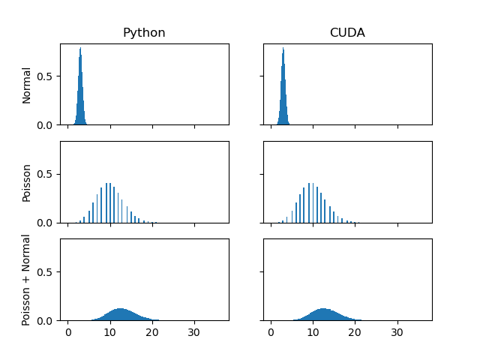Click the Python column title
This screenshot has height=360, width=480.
144,33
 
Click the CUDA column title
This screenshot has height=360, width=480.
347,33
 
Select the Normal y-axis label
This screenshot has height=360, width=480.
27,85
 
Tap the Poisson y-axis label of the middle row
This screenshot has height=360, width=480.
27,182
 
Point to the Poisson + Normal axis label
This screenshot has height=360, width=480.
27,280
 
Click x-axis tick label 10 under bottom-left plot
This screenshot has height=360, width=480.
110,332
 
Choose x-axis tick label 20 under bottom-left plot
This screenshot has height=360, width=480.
152,332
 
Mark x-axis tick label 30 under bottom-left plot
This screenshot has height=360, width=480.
194,332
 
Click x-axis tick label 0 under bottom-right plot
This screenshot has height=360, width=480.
271,332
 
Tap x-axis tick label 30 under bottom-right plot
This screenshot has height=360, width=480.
397,332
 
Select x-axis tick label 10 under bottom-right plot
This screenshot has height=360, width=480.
313,332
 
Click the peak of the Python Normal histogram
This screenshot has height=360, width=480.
80,49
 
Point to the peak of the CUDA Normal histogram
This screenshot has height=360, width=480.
283,49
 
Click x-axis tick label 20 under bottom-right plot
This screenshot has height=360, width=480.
355,332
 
